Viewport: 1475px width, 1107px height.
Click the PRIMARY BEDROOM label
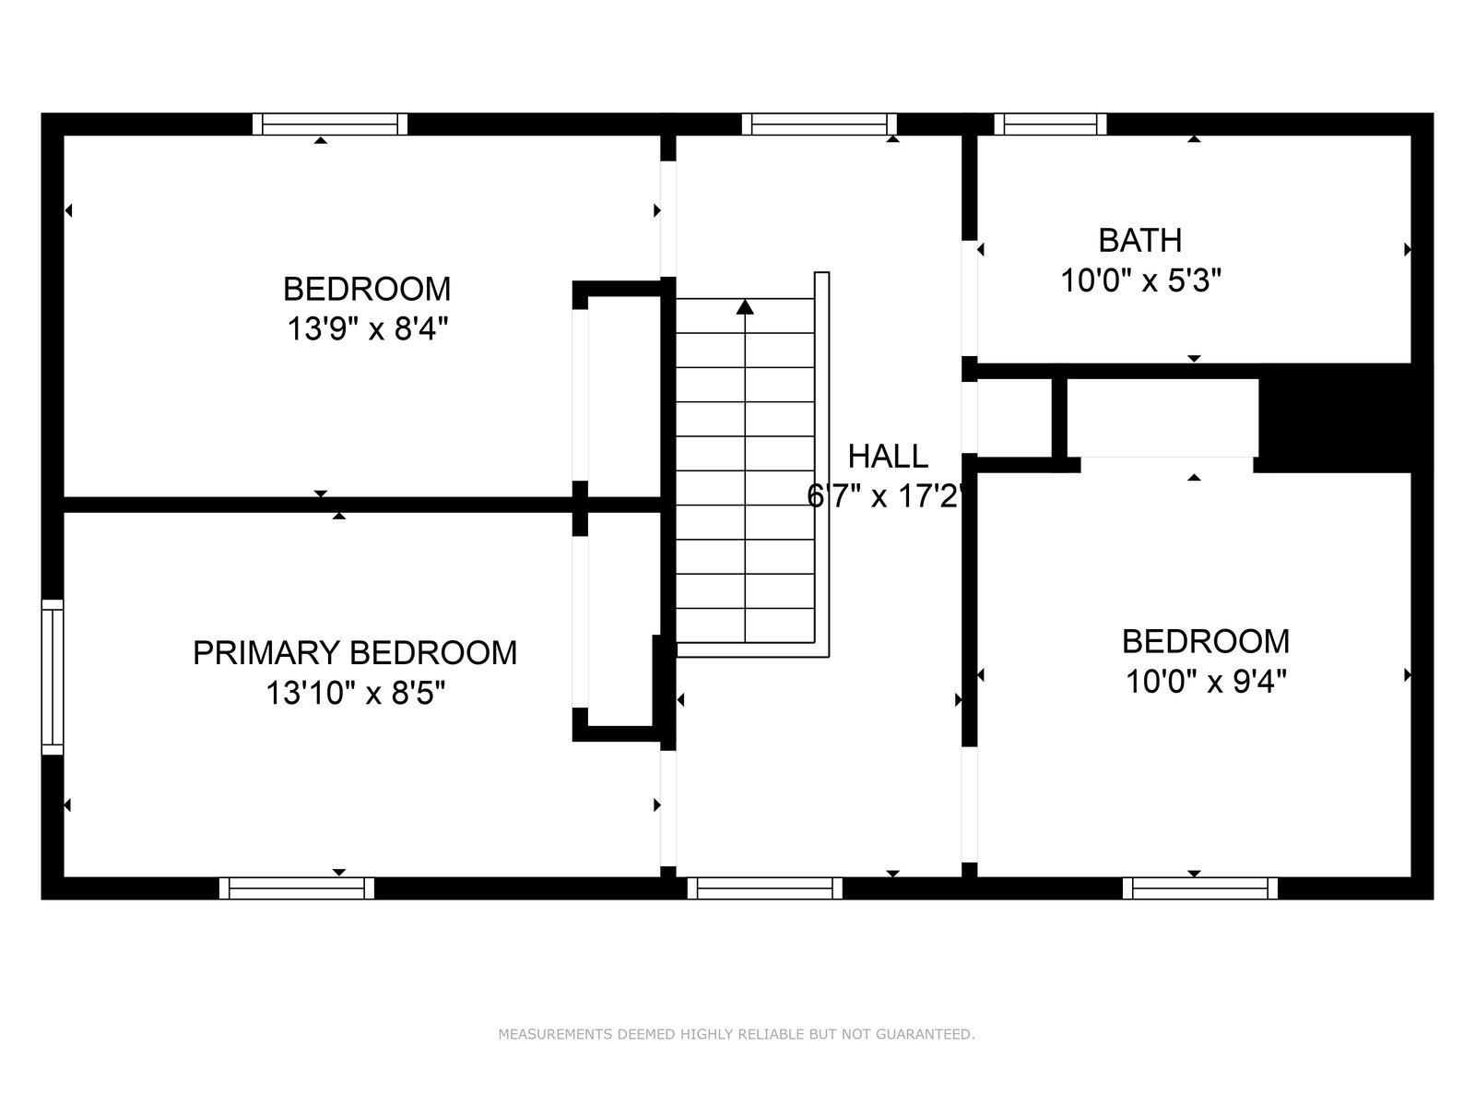click(355, 652)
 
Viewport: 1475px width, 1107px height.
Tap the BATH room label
click(1139, 240)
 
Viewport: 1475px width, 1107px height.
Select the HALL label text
click(888, 457)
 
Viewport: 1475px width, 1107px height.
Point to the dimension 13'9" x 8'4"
click(368, 329)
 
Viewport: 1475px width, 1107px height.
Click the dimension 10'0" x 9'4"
click(1206, 682)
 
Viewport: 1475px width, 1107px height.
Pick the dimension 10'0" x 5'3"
click(1140, 280)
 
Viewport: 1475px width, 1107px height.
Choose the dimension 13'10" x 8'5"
click(356, 693)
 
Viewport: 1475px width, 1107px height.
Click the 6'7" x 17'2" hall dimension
click(886, 496)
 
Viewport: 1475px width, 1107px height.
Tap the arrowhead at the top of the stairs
click(745, 307)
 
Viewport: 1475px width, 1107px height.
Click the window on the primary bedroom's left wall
click(53, 677)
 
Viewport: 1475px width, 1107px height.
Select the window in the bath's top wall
click(1050, 125)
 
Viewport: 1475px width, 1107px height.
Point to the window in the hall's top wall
click(820, 125)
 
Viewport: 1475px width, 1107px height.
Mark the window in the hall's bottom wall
click(765, 887)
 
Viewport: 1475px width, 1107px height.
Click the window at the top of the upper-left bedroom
click(330, 125)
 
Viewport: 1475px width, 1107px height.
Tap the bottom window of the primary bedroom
click(296, 887)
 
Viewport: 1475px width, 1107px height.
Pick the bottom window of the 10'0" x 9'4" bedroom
click(1200, 887)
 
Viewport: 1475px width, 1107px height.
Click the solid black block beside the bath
click(1335, 418)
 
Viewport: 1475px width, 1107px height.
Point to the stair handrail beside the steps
click(821, 464)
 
